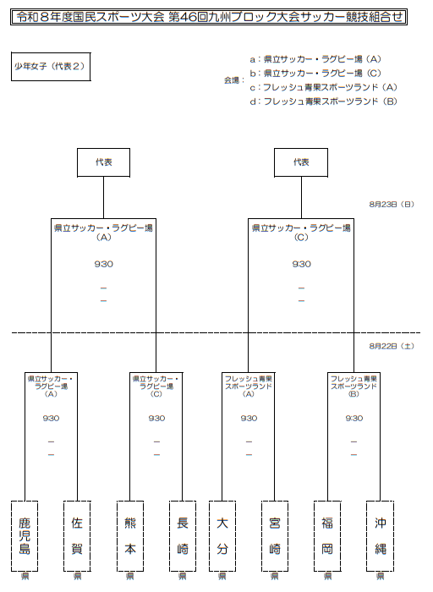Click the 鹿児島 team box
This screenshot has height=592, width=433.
[x=25, y=536]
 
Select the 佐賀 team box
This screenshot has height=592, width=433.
[x=77, y=536]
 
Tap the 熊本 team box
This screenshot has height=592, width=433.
[x=130, y=536]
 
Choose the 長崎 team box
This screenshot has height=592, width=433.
[x=183, y=536]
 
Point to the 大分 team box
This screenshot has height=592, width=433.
[x=222, y=536]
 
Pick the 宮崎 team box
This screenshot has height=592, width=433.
[x=275, y=536]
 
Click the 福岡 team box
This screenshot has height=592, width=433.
[x=327, y=536]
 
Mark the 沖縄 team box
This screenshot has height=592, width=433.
[x=380, y=536]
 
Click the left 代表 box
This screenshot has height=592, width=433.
[x=103, y=162]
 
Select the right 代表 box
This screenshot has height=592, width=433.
[x=301, y=162]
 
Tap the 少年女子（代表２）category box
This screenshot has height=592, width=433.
[x=51, y=67]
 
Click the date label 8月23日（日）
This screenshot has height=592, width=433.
[x=392, y=205]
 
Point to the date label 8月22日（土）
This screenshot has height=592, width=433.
[x=392, y=346]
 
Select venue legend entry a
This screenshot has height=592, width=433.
[x=315, y=59]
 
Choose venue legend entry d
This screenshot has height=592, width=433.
[x=324, y=101]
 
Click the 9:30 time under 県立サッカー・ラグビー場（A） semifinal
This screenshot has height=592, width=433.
[x=103, y=264]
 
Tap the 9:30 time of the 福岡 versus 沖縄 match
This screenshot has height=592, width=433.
[x=354, y=418]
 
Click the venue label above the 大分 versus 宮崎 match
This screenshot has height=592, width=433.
[x=249, y=386]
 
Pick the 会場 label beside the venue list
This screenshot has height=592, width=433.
[x=234, y=80]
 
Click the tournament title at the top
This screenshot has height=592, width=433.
[x=209, y=17]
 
